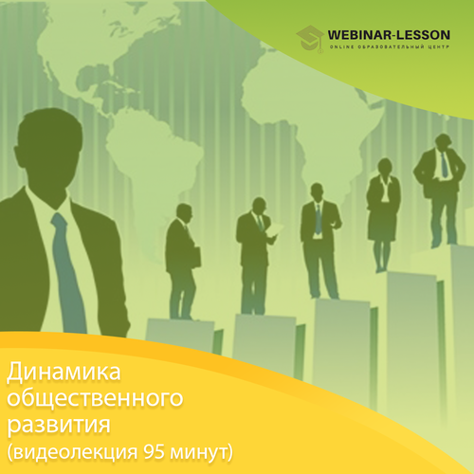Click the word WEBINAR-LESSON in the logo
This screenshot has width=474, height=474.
click(389, 35)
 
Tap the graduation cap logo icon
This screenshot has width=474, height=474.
click(310, 39)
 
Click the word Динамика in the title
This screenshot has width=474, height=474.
click(64, 373)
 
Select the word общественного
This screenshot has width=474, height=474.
click(95, 400)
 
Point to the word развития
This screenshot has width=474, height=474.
click(59, 425)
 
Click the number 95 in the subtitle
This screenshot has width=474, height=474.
click(154, 452)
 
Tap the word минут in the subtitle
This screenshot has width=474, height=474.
click(199, 453)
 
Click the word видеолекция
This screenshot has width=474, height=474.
click(76, 453)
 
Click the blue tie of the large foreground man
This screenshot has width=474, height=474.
click(68, 272)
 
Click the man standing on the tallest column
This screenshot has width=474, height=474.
click(440, 190)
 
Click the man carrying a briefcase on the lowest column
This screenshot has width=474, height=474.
click(182, 262)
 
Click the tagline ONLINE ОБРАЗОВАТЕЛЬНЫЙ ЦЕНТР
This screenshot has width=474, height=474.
click(389, 47)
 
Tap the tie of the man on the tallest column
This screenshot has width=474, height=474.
click(445, 165)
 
